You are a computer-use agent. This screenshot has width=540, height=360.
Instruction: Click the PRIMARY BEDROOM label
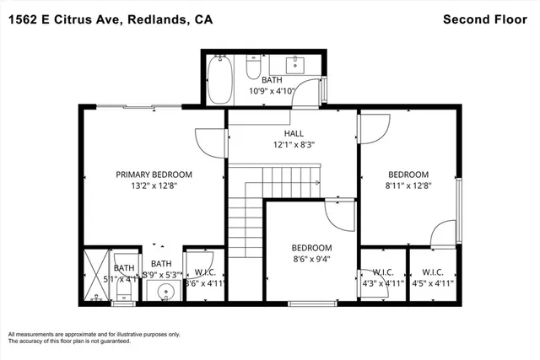(x=154, y=175)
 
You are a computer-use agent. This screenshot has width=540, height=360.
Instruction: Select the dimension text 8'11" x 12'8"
(x=408, y=186)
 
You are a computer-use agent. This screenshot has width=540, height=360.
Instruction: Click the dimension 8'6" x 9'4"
(x=311, y=259)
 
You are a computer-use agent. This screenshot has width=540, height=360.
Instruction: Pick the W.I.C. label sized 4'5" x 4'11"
(x=432, y=272)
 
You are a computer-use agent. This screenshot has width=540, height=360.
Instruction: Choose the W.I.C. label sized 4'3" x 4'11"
(x=384, y=272)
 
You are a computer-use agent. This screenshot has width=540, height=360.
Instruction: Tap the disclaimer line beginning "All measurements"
(x=94, y=334)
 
